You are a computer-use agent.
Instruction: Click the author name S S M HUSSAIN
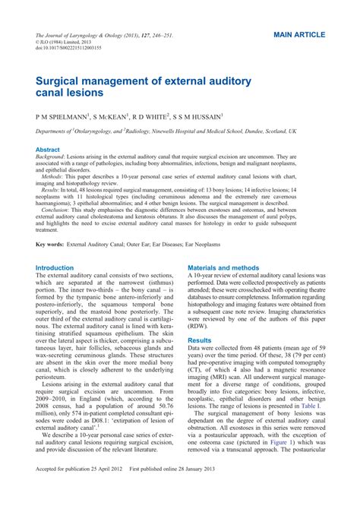(x=197, y=117)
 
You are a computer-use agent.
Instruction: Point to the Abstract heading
(x=49, y=150)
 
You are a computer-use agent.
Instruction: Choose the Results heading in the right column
(x=200, y=341)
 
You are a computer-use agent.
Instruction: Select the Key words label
(x=53, y=245)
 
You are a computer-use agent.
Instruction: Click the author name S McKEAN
(x=111, y=117)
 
